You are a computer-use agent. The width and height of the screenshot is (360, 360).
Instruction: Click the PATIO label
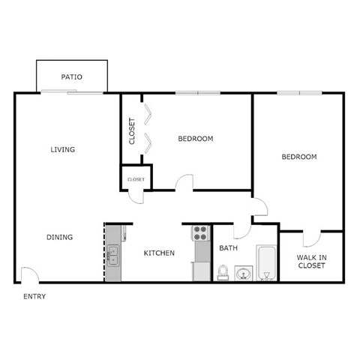pos(73,76)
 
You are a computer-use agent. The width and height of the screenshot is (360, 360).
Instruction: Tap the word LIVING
pos(63,149)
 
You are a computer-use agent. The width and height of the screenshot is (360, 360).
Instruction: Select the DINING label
pos(60,237)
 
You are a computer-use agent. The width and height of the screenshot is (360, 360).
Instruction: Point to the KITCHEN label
pos(159,253)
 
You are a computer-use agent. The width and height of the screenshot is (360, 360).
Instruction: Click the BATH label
pos(228,248)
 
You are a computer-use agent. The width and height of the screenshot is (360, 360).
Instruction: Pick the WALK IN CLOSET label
pos(311,260)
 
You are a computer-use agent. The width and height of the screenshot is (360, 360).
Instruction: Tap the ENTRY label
pos(34,296)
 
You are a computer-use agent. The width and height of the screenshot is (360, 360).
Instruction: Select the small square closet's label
pos(136,179)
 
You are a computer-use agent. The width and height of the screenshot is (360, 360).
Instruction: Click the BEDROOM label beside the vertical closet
pos(196,139)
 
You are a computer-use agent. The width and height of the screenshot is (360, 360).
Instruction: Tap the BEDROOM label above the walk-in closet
pos(298,157)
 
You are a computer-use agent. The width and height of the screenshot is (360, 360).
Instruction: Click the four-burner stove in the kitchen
pos(200,232)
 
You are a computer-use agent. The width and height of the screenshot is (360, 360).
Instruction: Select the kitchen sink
pos(112,257)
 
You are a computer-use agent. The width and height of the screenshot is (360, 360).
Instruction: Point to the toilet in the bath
pos(223,271)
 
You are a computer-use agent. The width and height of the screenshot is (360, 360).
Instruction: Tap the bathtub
pos(265,262)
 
